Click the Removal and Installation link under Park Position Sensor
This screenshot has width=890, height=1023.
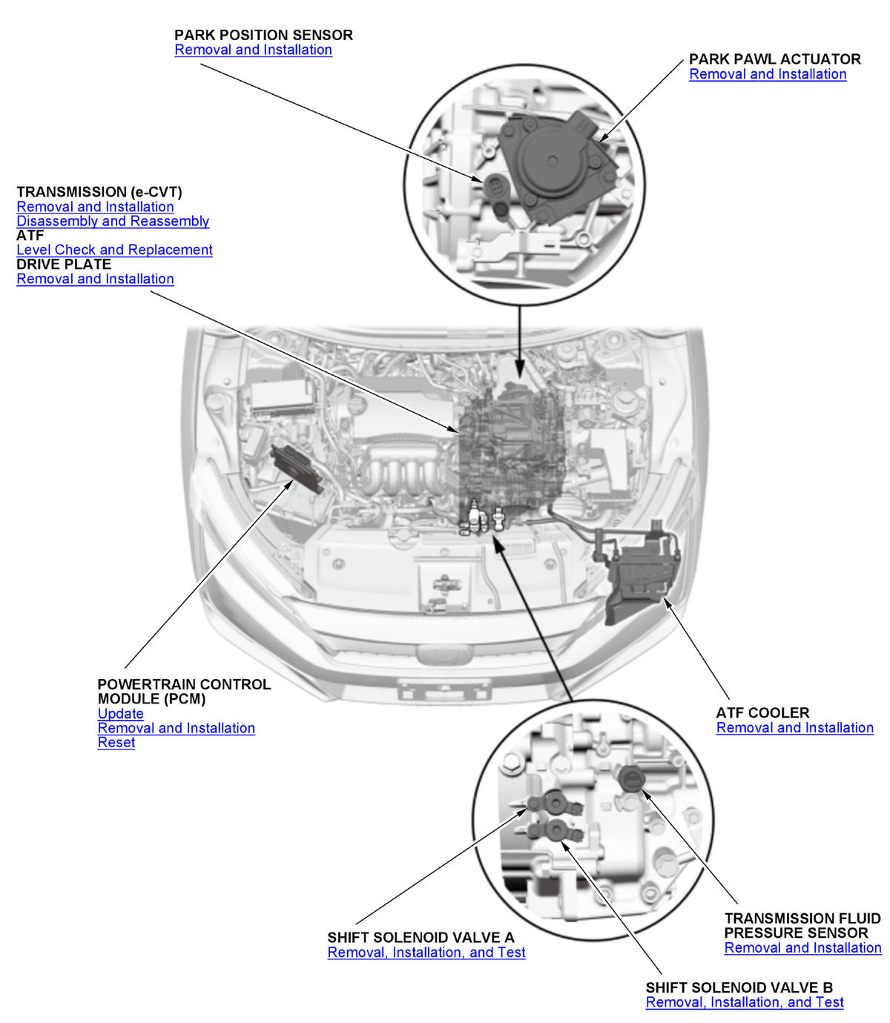click(x=253, y=50)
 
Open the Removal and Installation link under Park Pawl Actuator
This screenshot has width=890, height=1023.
click(x=768, y=75)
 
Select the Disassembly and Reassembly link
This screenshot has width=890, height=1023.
click(x=113, y=222)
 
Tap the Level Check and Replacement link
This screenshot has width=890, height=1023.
click(x=114, y=251)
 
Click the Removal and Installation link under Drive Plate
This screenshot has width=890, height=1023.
click(x=95, y=279)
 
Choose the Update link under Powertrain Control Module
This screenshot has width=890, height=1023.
click(x=120, y=714)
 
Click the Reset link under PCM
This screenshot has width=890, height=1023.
click(x=116, y=743)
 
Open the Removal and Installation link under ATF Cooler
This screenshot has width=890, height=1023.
click(x=794, y=728)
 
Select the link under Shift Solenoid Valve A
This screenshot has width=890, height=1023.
click(x=426, y=953)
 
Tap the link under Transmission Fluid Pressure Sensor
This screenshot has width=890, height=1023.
click(x=802, y=948)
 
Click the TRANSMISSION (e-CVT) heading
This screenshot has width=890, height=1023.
click(x=99, y=192)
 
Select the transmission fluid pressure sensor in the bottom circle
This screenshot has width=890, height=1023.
click(x=631, y=778)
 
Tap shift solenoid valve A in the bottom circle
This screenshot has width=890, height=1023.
click(x=555, y=802)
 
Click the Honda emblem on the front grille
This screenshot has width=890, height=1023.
click(x=444, y=656)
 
